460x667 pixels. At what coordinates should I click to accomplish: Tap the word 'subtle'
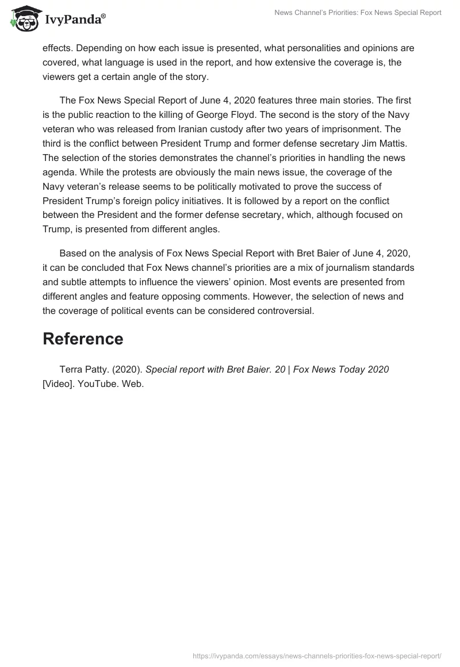[73, 282]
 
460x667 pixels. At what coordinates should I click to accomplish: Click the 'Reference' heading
[83, 339]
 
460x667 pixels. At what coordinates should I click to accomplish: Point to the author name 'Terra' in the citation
[72, 369]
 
